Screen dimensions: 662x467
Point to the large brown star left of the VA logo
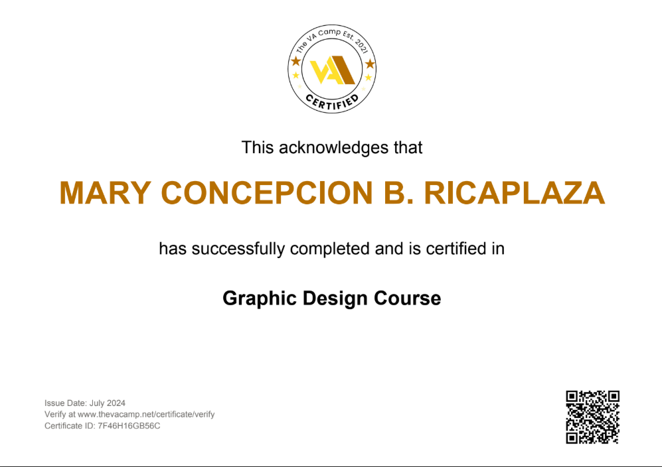tap(296, 61)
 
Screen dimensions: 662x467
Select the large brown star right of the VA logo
tap(370, 64)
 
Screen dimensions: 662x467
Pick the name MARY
tap(105, 193)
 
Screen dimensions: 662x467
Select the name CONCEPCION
tap(267, 193)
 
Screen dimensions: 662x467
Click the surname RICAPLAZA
tap(514, 193)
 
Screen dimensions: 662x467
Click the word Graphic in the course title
tap(260, 299)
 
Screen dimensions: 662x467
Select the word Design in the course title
tap(335, 299)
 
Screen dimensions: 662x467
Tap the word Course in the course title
tap(408, 299)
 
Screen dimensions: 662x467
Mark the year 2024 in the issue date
tap(116, 403)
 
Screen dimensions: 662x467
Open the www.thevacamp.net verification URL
tap(146, 415)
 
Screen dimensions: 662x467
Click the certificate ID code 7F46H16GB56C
tap(129, 426)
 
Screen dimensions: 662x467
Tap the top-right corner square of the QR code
tap(614, 397)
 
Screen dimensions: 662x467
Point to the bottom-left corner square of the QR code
tap(572, 438)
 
